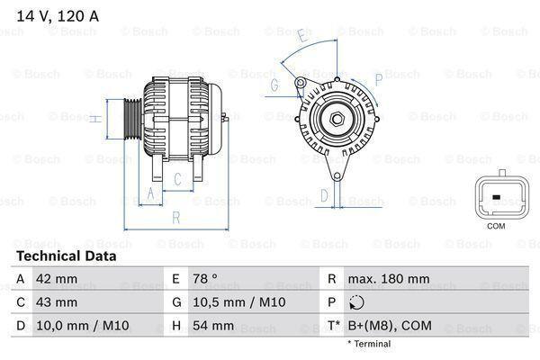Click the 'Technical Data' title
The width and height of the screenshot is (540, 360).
65,256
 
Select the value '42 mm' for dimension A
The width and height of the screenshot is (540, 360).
55,279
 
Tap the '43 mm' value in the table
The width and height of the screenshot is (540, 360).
55,302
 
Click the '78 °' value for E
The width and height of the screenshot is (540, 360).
206,279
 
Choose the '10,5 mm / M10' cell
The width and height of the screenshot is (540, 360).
230,302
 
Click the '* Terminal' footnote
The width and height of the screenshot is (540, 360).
368,344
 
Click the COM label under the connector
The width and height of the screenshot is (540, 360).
496,227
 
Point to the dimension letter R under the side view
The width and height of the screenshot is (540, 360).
176,218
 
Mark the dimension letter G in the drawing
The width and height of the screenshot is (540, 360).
274,85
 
